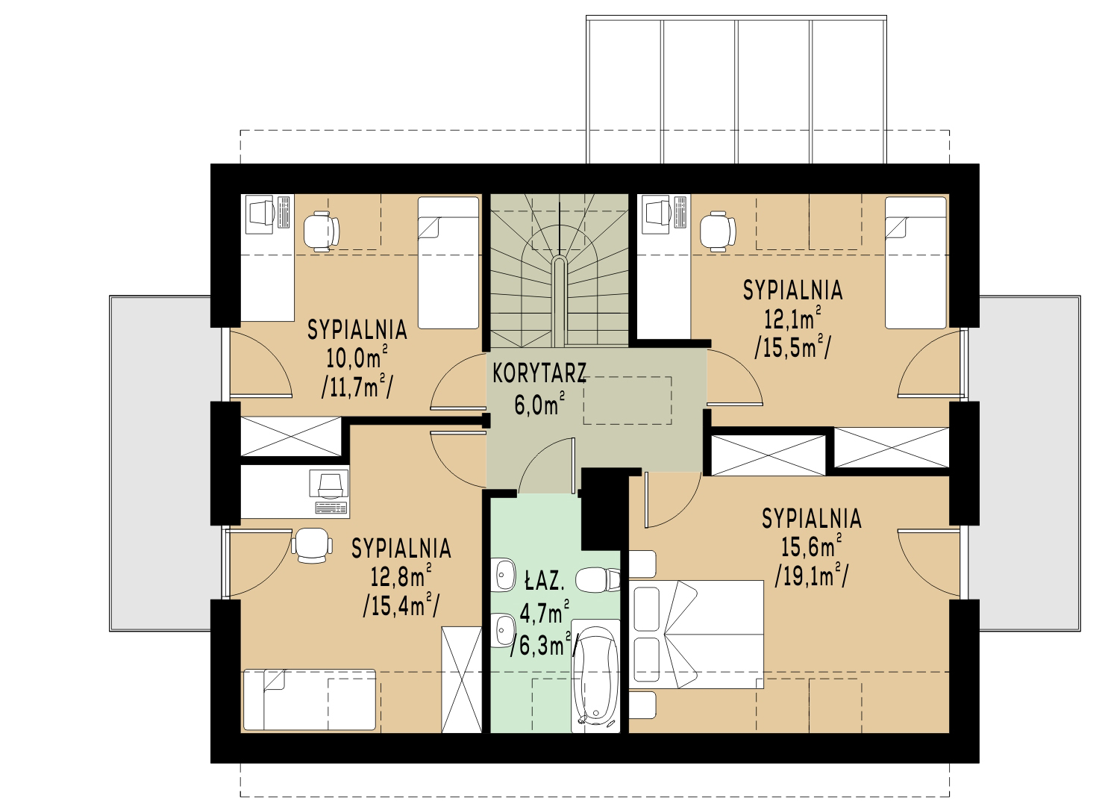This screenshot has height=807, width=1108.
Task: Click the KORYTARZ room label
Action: [539, 373]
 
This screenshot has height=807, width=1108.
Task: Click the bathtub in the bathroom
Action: [595, 676]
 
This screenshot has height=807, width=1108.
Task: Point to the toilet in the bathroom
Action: [598, 579]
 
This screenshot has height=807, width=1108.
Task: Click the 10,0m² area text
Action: [357, 357]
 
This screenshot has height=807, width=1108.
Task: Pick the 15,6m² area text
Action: [811, 546]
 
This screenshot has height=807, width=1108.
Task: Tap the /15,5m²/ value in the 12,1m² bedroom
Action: [793, 347]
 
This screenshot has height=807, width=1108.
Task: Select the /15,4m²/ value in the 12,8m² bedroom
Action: [401, 605]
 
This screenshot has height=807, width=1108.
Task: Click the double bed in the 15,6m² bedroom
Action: [698, 635]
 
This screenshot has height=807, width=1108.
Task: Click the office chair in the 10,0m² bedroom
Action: [322, 231]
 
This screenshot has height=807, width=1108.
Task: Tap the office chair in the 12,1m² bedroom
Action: [718, 231]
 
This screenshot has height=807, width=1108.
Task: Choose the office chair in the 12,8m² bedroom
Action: [312, 545]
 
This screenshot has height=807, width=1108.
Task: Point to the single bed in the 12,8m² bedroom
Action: [310, 699]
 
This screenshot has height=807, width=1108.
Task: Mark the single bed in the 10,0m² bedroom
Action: [448, 263]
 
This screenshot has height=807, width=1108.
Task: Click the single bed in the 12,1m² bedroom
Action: [915, 263]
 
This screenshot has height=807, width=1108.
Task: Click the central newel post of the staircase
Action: [558, 302]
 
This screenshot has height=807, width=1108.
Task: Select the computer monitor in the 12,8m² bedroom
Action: [329, 484]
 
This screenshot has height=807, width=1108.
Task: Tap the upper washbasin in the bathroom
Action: [505, 574]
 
